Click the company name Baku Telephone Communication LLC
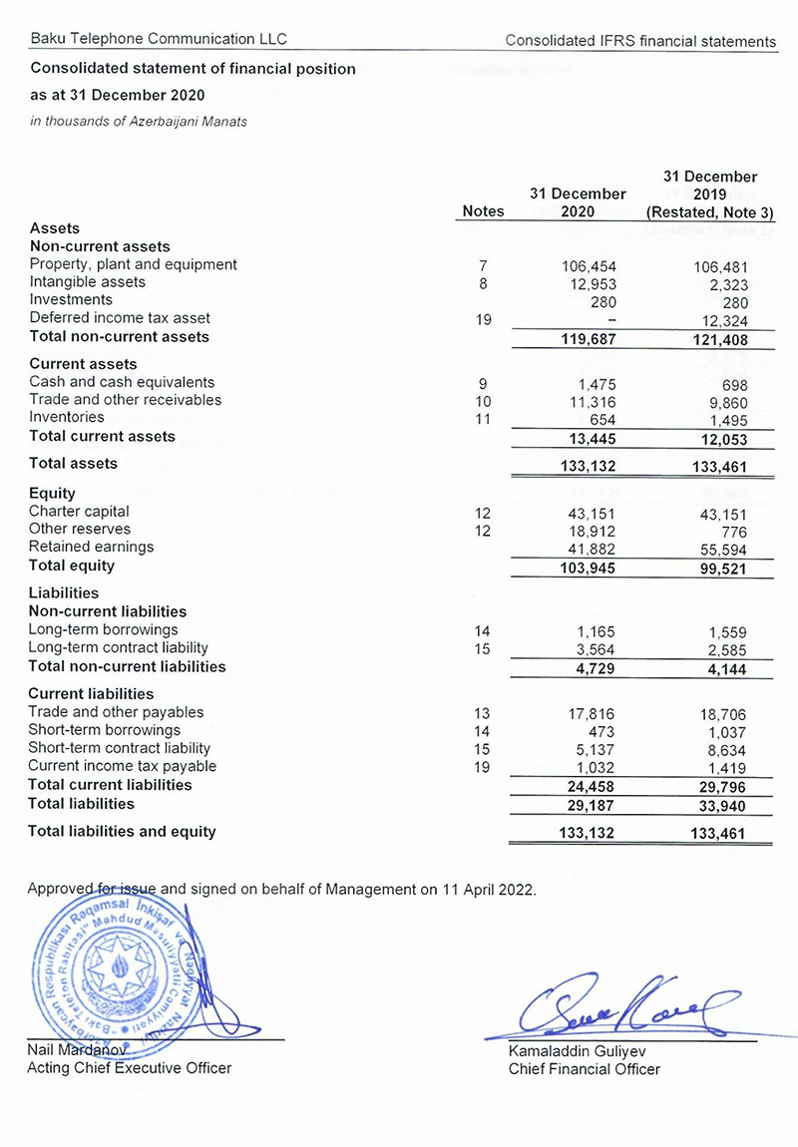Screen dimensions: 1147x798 (x=159, y=39)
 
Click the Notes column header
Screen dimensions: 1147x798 (x=484, y=211)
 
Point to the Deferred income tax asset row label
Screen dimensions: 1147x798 (x=120, y=318)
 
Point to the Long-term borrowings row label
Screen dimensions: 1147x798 (x=103, y=630)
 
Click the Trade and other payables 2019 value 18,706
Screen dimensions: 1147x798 (x=721, y=713)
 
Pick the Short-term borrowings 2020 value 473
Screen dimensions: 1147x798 (x=601, y=731)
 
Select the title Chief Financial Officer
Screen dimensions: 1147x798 (x=584, y=1069)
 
